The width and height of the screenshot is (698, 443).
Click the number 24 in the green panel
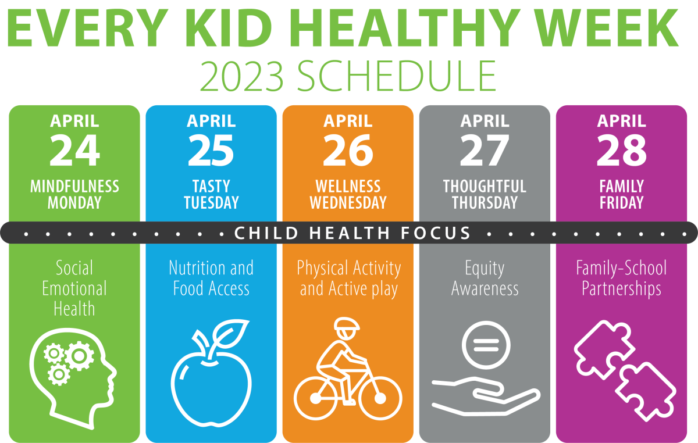tap(74, 151)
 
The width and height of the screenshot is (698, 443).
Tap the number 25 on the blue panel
tap(211, 151)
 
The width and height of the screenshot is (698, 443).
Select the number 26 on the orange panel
tap(348, 151)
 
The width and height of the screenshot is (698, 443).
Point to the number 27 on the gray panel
tap(485, 151)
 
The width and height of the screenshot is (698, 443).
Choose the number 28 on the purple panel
tap(622, 151)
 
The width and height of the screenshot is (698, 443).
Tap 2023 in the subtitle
tap(242, 76)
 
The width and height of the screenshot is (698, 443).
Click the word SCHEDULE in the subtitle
tap(396, 76)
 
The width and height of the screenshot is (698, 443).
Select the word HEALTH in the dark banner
tap(350, 233)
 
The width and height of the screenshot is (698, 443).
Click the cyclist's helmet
tap(347, 324)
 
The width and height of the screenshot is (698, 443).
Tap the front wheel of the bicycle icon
tap(380, 398)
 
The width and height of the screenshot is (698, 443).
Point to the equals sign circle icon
tap(486, 345)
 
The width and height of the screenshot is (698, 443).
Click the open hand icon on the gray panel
tap(486, 396)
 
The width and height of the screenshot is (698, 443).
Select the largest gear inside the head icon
tap(79, 355)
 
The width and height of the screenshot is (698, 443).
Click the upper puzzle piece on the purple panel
tap(604, 349)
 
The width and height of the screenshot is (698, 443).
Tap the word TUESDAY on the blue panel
tap(211, 203)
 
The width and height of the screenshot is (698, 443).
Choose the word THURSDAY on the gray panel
tap(485, 203)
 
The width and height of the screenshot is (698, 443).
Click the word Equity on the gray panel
tap(485, 269)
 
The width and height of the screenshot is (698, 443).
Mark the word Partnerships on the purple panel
tap(622, 290)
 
